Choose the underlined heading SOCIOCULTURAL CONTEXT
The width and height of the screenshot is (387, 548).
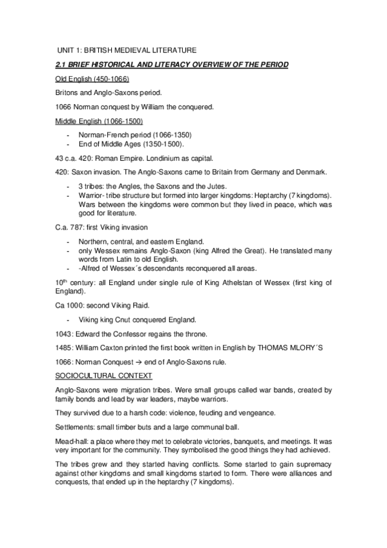click(95, 375)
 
